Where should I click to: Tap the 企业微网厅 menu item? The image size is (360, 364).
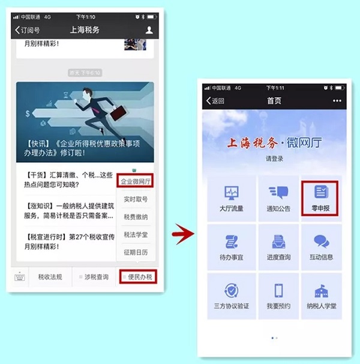pyautogui.click(x=135, y=180)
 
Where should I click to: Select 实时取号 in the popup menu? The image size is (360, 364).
pyautogui.click(x=136, y=199)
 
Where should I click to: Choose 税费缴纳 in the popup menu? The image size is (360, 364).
pyautogui.click(x=136, y=217)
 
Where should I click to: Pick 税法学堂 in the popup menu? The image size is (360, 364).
pyautogui.click(x=136, y=234)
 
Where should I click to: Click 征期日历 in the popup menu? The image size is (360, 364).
pyautogui.click(x=136, y=252)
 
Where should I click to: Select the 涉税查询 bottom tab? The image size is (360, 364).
pyautogui.click(x=94, y=277)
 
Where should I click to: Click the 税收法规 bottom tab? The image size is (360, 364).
pyautogui.click(x=51, y=277)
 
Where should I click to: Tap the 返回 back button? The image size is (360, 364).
pyautogui.click(x=215, y=100)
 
